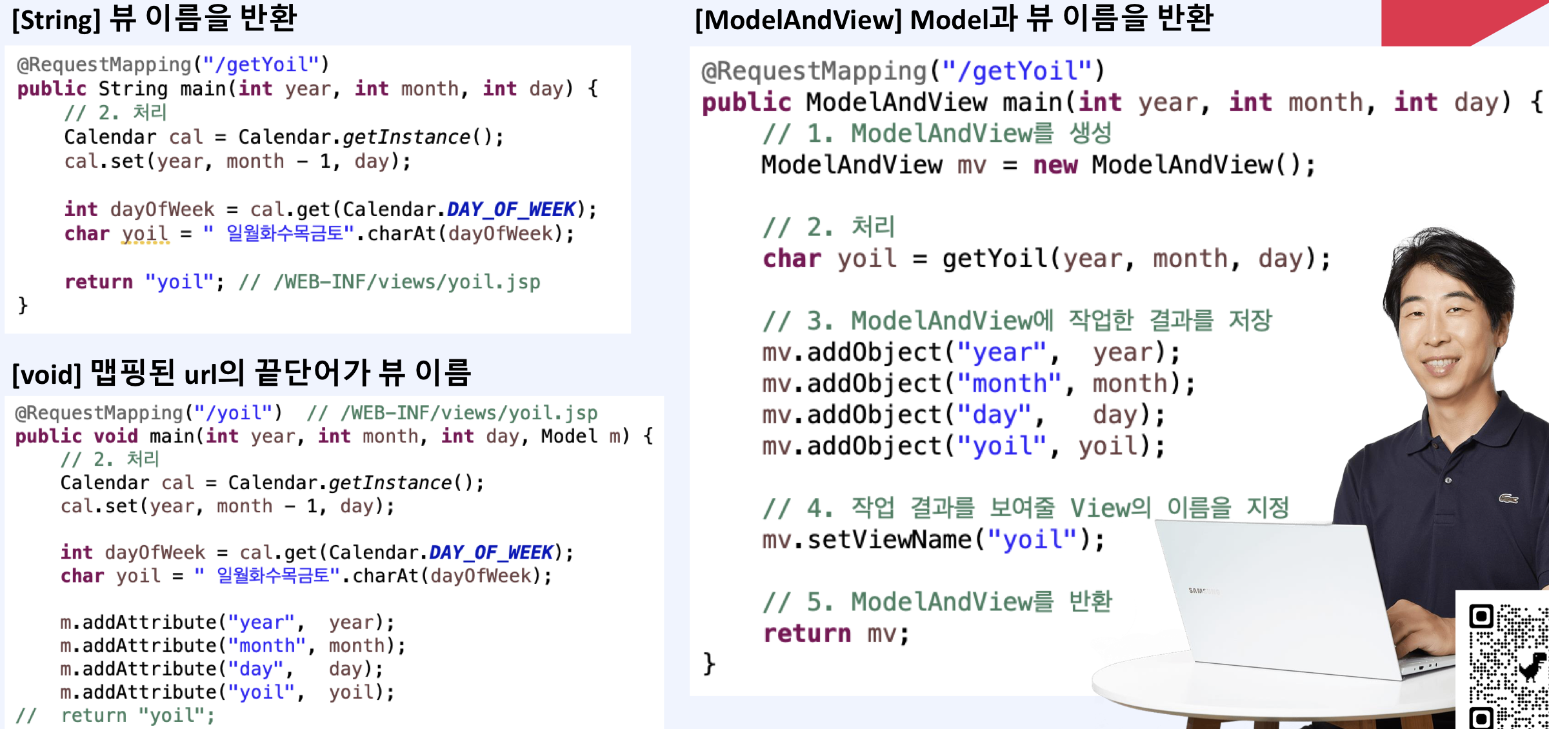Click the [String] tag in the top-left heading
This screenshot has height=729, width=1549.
(56, 20)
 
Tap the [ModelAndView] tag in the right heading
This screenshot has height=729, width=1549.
(798, 20)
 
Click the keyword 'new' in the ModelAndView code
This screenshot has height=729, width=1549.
(1055, 165)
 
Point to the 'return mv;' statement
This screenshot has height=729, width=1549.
(836, 634)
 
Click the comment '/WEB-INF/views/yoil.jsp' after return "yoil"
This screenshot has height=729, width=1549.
(406, 282)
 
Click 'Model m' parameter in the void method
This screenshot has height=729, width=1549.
(575, 436)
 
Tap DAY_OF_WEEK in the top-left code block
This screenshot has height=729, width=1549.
(510, 209)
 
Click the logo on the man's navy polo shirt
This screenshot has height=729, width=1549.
(1508, 498)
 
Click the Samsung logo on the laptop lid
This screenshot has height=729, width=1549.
(1201, 590)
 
